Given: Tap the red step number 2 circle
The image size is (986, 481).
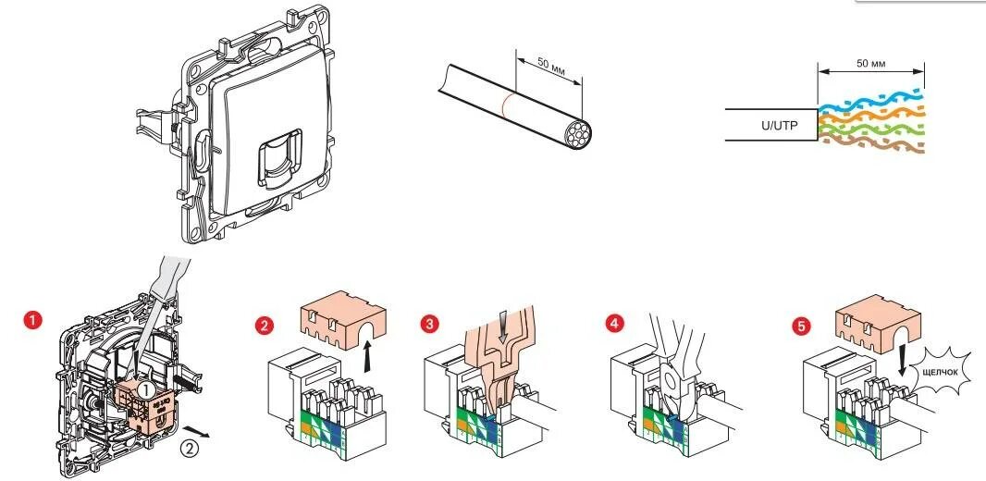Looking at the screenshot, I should tap(265, 326).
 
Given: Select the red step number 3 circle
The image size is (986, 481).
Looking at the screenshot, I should tap(428, 325).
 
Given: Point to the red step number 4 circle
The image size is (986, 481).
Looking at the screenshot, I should tap(615, 325).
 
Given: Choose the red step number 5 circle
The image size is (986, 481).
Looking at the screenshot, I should tap(801, 326).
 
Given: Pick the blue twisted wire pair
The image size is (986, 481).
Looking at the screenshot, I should tap(869, 99).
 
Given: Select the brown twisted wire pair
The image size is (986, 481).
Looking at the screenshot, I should tap(869, 144).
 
